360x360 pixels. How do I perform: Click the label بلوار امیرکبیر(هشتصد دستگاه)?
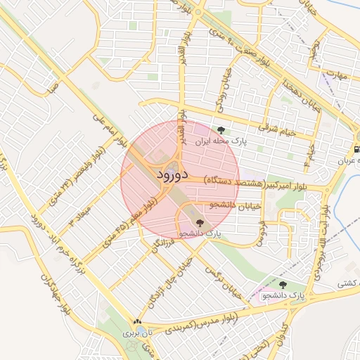[266, 184]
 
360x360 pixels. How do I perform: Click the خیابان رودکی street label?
[230, 85]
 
